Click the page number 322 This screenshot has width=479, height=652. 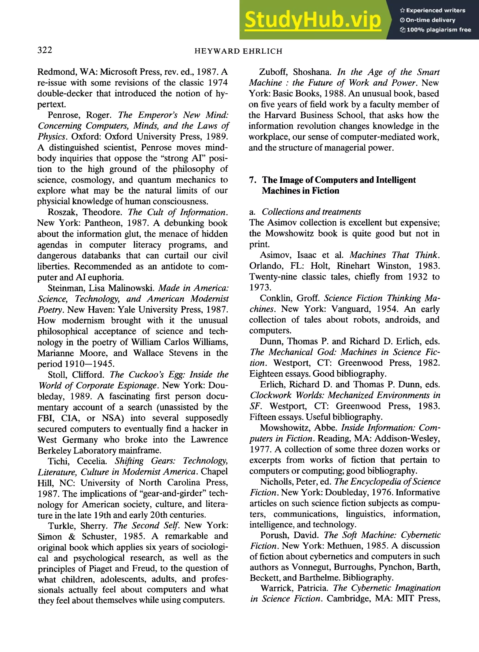pos(45,50)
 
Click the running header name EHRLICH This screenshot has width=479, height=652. pos(262,51)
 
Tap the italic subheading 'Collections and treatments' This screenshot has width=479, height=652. pos(311,212)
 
